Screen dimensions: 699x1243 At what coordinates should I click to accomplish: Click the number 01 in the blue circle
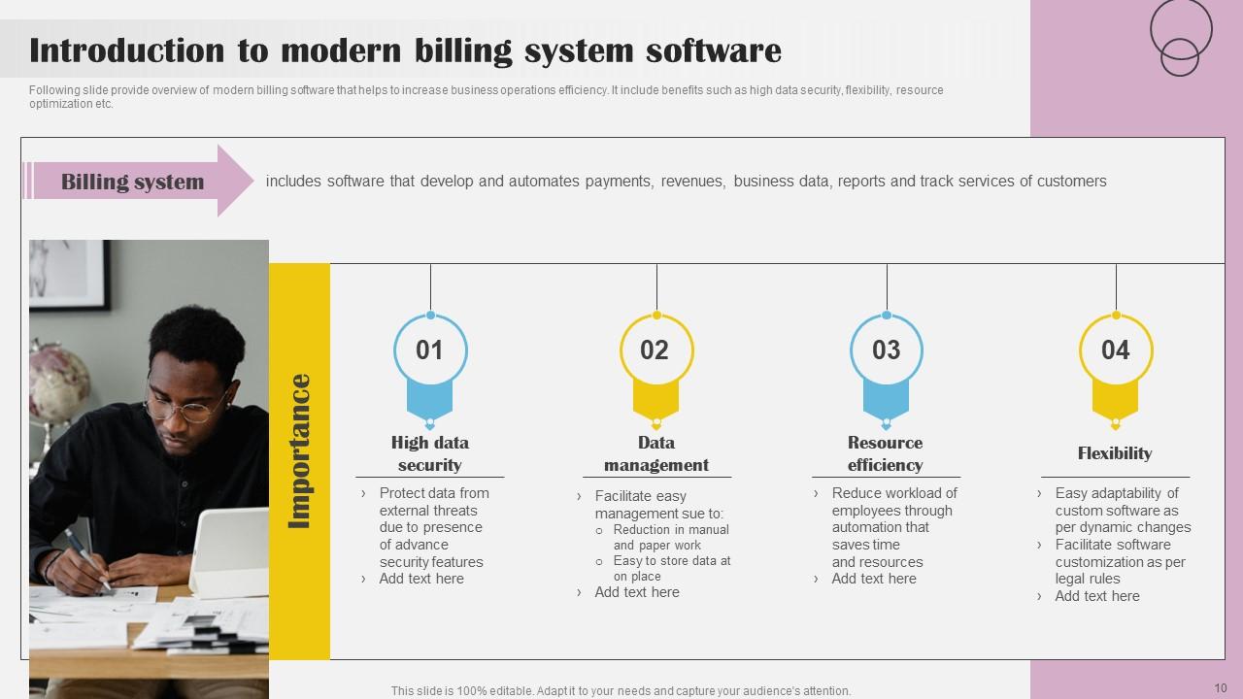point(429,350)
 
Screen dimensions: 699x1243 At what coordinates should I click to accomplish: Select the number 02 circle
point(655,350)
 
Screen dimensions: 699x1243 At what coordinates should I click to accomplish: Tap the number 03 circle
point(886,350)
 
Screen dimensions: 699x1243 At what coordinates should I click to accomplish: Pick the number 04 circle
point(1116,350)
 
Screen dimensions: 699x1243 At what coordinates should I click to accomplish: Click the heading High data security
point(430,453)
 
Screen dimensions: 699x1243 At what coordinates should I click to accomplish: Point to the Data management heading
point(656,453)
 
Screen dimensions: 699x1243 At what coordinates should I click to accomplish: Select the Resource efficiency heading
point(886,453)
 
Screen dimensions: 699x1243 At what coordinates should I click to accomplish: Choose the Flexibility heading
point(1115,453)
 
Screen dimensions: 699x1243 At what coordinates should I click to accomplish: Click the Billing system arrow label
point(133,182)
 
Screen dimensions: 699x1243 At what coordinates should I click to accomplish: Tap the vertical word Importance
point(300,451)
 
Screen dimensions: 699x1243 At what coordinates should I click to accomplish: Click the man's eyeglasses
point(190,406)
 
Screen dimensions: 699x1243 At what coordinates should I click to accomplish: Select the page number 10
point(1221,688)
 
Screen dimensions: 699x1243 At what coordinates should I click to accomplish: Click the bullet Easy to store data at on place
point(671,569)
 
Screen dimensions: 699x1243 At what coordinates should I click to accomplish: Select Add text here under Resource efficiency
point(874,579)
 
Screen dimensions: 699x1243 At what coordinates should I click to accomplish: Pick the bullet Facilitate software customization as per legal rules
point(1120,562)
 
